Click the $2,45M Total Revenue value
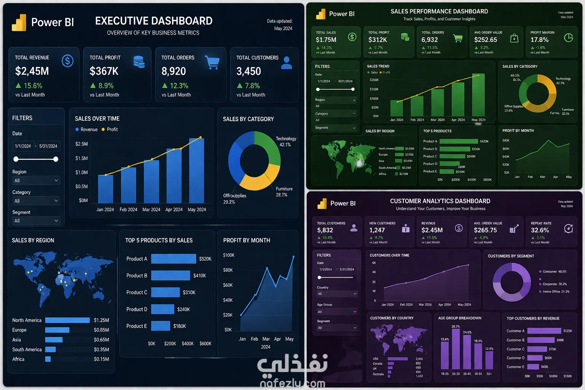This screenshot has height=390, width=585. tap(32, 71)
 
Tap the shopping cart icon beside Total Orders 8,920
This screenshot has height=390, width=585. tap(212, 62)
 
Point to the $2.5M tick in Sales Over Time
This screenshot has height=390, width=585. tap(82, 144)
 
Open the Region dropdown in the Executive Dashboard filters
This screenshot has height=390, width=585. tap(36, 181)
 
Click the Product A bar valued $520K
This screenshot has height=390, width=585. tap(173, 259)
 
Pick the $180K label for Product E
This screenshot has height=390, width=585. tap(179, 326)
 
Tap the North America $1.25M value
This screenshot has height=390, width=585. tap(101, 320)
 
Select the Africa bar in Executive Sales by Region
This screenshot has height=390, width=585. tap(48, 359)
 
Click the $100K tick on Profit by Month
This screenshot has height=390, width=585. tap(229, 255)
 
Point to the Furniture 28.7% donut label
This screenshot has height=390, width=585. tap(284, 192)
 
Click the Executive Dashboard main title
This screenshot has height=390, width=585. tap(153, 21)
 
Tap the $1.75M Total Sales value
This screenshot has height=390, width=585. tap(326, 40)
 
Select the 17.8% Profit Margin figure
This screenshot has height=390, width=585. tap(539, 40)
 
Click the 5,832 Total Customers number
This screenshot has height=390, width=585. tap(325, 230)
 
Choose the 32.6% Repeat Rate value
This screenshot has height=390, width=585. tap(540, 230)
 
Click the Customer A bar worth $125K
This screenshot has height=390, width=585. tap(544, 331)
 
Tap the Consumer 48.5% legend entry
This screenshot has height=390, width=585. tap(554, 272)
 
